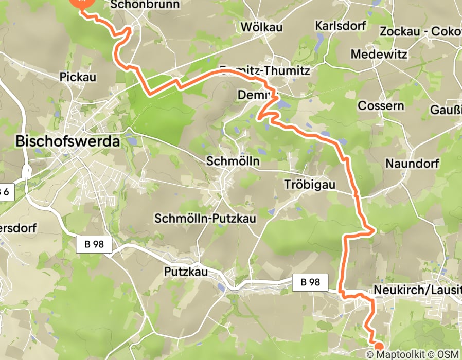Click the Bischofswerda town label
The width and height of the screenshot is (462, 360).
68,141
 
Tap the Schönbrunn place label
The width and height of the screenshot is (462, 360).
145,5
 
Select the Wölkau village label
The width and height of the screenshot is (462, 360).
261,26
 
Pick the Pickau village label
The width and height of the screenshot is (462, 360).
78,77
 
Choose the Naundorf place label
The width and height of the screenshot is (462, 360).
412,164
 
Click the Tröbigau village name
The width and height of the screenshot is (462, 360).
310,184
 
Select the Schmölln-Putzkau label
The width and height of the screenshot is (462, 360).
205,218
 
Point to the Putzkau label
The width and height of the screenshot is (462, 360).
186,271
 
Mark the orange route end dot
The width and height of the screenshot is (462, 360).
379,346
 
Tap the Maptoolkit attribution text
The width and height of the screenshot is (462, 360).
400,354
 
